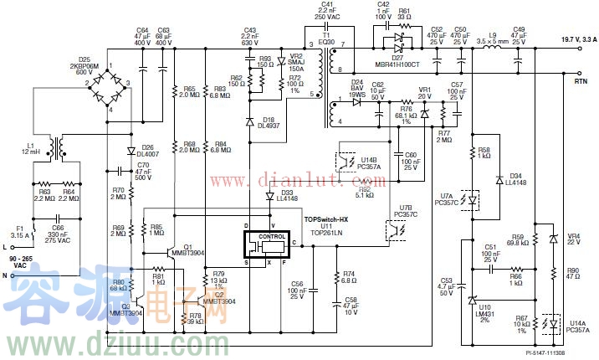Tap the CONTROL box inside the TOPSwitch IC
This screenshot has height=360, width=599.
pyautogui.click(x=273, y=236)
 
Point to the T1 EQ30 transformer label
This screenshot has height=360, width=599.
pyautogui.click(x=326, y=37)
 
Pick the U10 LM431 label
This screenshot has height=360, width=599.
pyautogui.click(x=485, y=311)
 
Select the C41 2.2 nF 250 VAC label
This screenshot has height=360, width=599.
pyautogui.click(x=328, y=12)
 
